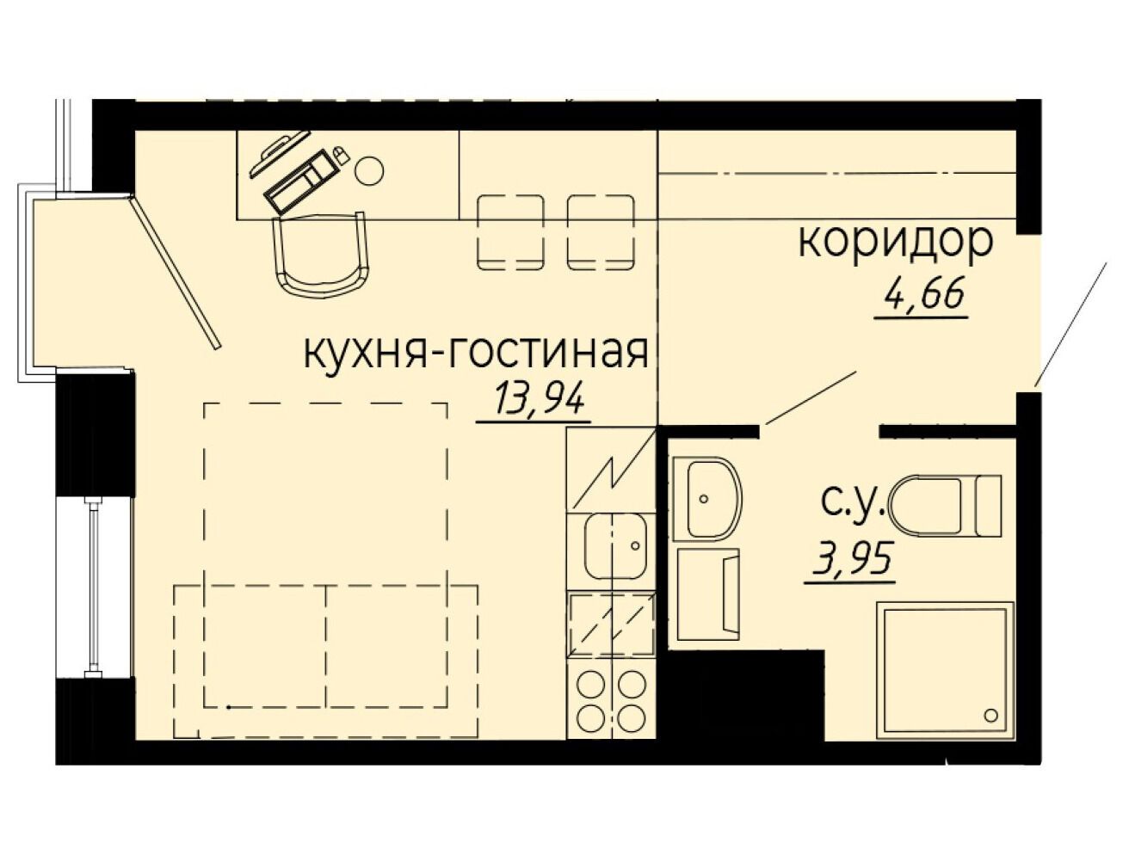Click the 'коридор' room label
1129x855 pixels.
pyautogui.click(x=896, y=241)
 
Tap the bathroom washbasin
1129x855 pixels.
pyautogui.click(x=706, y=499)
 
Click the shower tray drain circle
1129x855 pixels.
pyautogui.click(x=990, y=715)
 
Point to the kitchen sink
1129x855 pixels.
pyautogui.click(x=615, y=547)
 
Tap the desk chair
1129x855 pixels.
pyautogui.click(x=323, y=255)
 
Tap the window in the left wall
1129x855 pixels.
pyautogui.click(x=94, y=587)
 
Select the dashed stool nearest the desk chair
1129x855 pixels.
pyautogui.click(x=511, y=232)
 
